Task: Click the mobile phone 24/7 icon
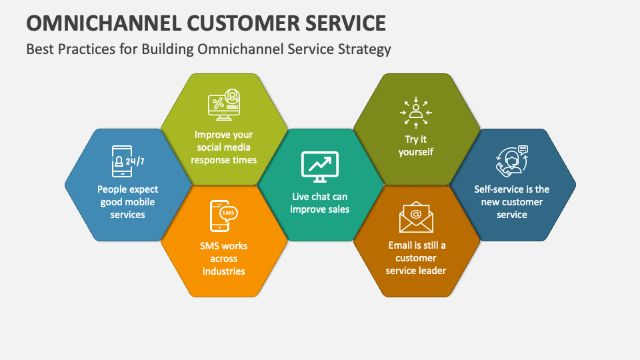click(x=127, y=161)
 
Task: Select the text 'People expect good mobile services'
click(x=127, y=202)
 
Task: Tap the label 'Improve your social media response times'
click(x=223, y=147)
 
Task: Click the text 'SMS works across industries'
click(x=223, y=259)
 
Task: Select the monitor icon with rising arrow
click(x=320, y=167)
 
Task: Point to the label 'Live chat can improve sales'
click(x=320, y=203)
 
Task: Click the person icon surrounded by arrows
click(x=416, y=112)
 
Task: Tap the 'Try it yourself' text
click(x=416, y=146)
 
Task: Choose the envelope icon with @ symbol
click(x=416, y=217)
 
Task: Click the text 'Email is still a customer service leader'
click(x=416, y=258)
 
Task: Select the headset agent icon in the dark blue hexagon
click(x=511, y=161)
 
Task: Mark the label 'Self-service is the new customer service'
click(x=512, y=202)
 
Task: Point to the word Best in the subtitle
click(x=39, y=49)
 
